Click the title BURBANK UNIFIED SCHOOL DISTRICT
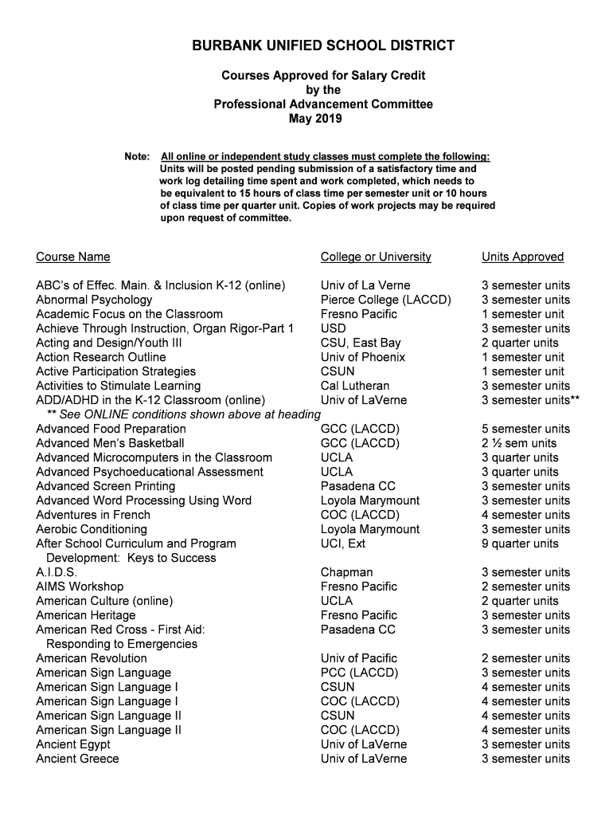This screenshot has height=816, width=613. click(323, 45)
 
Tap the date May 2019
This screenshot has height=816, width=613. click(315, 119)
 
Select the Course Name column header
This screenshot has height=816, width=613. click(73, 257)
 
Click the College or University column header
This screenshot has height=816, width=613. click(376, 257)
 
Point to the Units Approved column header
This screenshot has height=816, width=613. click(522, 257)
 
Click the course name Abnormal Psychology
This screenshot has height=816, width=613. click(94, 300)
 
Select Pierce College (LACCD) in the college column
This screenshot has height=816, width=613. click(385, 300)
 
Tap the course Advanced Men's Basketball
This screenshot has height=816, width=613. click(110, 443)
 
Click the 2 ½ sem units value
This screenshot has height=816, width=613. click(519, 443)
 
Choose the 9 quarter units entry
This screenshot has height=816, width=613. click(520, 543)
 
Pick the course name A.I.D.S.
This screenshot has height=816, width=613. click(57, 572)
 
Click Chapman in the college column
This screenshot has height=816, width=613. click(346, 572)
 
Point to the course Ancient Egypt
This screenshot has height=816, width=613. click(73, 744)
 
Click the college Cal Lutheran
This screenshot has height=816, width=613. click(355, 386)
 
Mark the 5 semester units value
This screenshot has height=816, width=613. click(525, 429)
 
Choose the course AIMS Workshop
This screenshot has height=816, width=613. click(80, 586)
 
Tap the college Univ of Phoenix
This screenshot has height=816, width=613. click(362, 357)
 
